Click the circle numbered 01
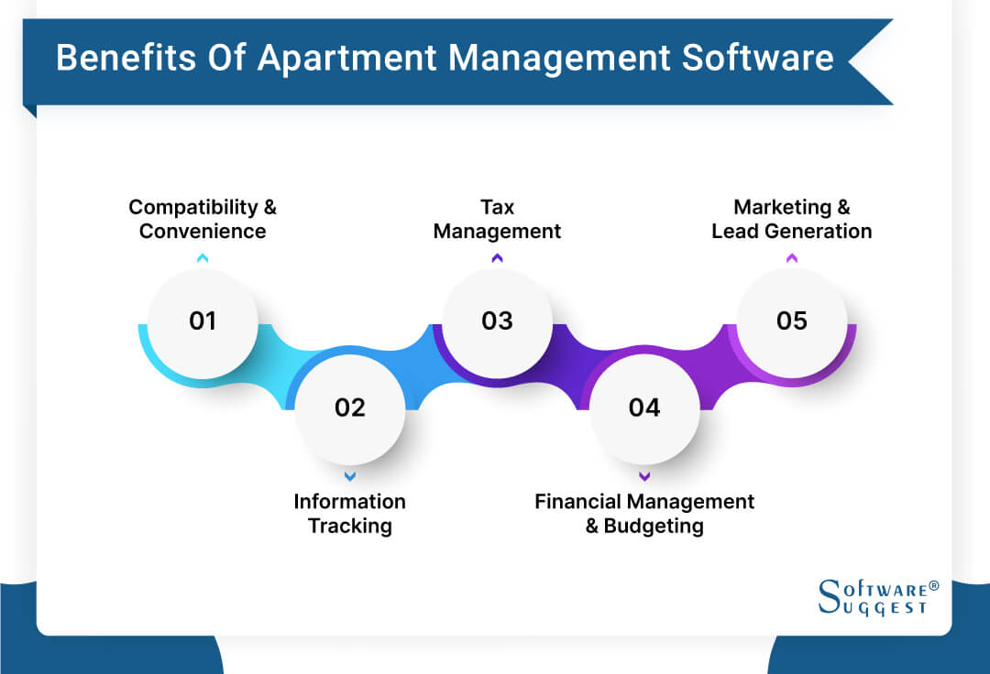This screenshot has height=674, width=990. point(203,321)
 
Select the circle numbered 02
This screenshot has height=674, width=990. point(349,408)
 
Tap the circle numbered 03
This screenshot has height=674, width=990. point(497,321)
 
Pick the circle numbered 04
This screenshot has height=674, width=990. point(644,408)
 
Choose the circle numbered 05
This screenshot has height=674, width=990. point(792,321)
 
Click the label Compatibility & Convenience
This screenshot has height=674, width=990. point(203,219)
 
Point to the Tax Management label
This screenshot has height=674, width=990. point(497,219)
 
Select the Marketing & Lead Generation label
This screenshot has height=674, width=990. point(792,219)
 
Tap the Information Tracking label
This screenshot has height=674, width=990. point(349,513)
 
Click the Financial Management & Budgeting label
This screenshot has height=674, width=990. point(644,513)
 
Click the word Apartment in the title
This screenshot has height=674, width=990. point(349,59)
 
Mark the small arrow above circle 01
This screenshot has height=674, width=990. point(203,258)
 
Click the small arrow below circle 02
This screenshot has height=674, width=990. point(349,476)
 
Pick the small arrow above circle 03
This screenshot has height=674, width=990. point(497,258)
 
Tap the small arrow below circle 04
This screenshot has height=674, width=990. point(644,476)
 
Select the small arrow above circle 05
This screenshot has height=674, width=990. point(792,258)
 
